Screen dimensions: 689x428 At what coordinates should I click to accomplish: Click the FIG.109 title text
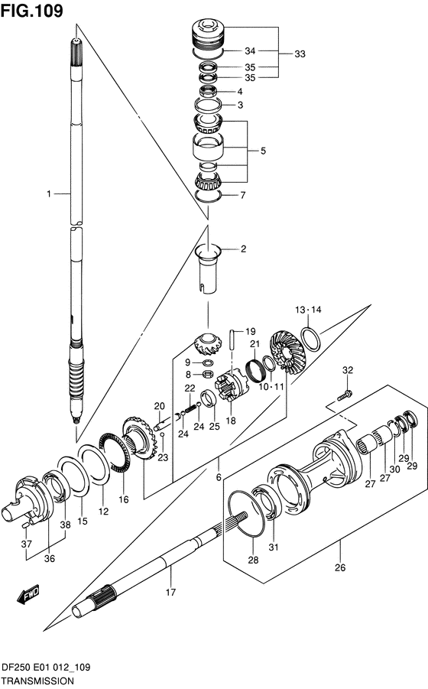pyautogui.click(x=32, y=11)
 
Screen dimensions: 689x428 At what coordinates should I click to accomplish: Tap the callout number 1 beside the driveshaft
pyautogui.click(x=48, y=194)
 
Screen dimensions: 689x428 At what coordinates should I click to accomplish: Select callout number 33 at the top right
pyautogui.click(x=300, y=54)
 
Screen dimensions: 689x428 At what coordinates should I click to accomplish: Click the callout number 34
pyautogui.click(x=249, y=51)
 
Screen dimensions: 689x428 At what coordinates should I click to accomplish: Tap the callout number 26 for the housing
pyautogui.click(x=341, y=567)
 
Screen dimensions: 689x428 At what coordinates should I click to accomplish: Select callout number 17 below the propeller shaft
pyautogui.click(x=171, y=591)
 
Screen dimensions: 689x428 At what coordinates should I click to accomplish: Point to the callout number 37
pyautogui.click(x=25, y=544)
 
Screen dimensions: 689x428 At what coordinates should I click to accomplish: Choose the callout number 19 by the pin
pyautogui.click(x=239, y=331)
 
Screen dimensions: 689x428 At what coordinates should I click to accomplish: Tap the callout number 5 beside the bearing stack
pyautogui.click(x=262, y=151)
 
